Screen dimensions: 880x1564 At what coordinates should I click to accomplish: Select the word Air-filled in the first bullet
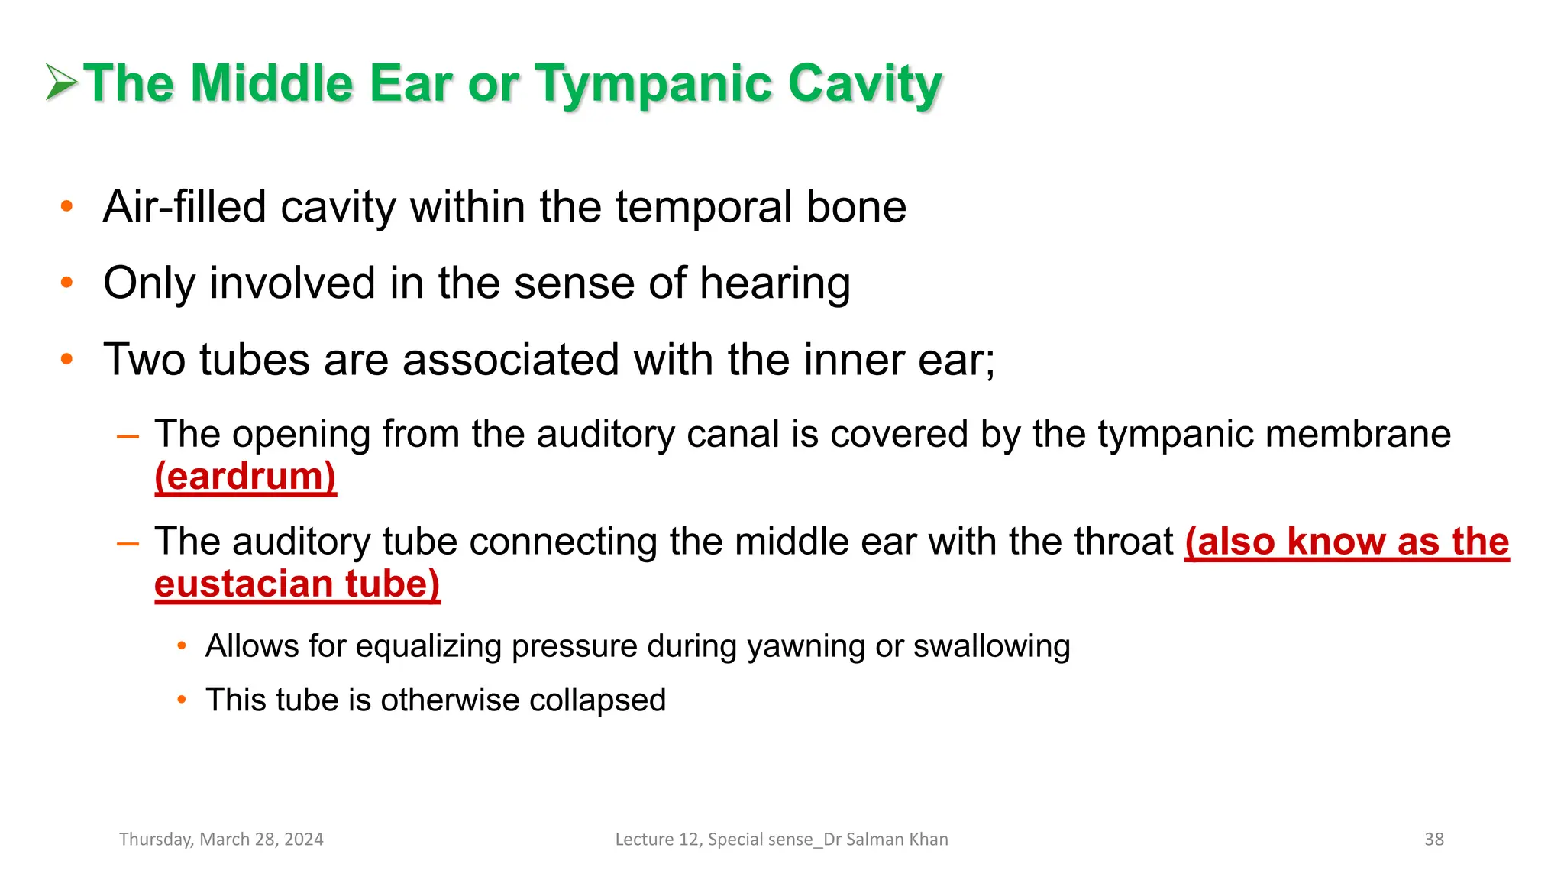184,207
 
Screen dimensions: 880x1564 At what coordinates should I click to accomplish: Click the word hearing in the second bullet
774,284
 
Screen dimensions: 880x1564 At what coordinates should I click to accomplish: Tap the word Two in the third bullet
144,360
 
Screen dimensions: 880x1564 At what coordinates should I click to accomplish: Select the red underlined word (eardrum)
245,477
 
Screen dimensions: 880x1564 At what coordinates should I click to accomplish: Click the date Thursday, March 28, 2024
221,840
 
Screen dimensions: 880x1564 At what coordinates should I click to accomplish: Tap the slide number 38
1433,840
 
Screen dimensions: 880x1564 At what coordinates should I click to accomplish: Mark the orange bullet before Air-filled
67,206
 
